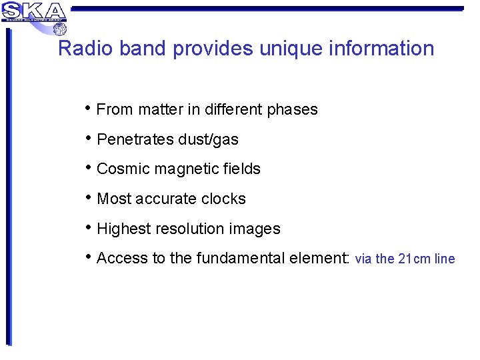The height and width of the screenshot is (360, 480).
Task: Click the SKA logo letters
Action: [x=35, y=11]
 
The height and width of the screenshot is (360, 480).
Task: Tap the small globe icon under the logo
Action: [x=60, y=28]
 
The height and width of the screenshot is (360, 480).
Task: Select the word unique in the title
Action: [x=291, y=49]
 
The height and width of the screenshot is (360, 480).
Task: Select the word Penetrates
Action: [x=135, y=139]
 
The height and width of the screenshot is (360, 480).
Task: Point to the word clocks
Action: [x=224, y=199]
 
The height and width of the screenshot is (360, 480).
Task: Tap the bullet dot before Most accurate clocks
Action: [x=89, y=197]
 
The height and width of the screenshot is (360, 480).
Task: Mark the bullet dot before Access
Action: [x=89, y=257]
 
